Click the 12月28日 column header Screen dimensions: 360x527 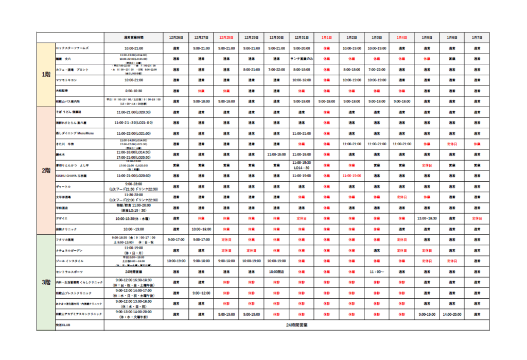click(226, 38)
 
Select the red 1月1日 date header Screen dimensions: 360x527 click(326, 38)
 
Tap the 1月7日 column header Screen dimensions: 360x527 click(477, 38)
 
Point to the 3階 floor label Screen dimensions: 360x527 click(46, 282)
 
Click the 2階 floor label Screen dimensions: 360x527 click(46, 170)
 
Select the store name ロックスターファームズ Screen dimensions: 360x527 click(73, 48)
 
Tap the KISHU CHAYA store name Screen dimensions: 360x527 click(75, 176)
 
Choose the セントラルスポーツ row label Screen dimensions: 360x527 click(70, 271)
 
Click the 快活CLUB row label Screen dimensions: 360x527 click(62, 325)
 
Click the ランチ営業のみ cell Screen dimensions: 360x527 click(302, 59)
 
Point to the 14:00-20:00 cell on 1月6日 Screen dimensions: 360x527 click(451, 314)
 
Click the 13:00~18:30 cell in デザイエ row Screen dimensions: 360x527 click(427, 218)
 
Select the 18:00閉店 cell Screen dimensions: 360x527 click(277, 271)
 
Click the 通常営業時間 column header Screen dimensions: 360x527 click(134, 38)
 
